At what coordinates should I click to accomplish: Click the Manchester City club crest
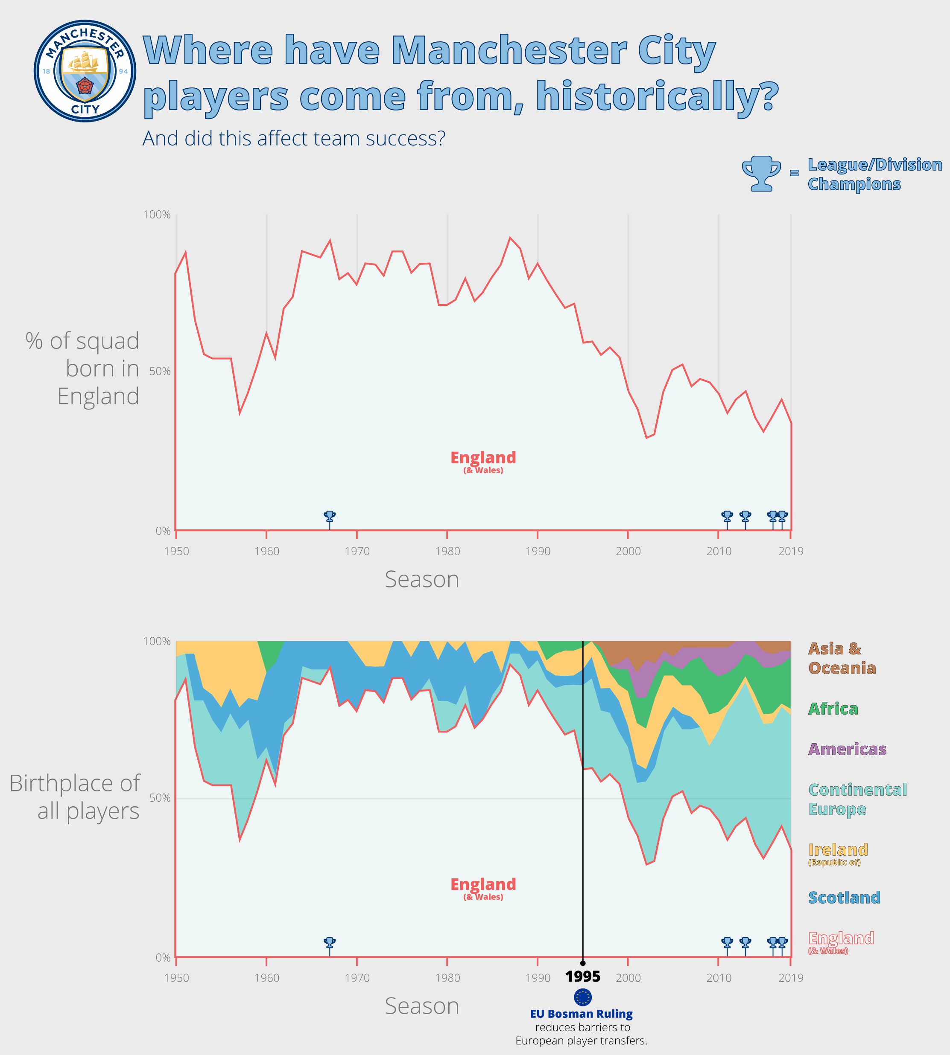(85, 71)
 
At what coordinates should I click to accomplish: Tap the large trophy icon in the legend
(761, 174)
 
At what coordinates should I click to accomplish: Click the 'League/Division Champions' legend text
(874, 174)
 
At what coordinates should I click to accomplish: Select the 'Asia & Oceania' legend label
(842, 658)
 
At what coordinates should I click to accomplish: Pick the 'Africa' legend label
(833, 709)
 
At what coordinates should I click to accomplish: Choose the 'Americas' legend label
(847, 750)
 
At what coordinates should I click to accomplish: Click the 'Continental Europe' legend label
(857, 799)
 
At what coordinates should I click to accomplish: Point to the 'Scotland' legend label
(844, 898)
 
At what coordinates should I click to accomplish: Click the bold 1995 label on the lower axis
(582, 976)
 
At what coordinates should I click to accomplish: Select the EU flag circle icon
(582, 997)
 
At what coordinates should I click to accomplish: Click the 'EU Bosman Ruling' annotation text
(581, 1014)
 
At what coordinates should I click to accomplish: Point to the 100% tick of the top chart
(157, 215)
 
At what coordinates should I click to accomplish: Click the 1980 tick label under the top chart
(447, 551)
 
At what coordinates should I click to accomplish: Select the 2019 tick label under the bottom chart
(791, 978)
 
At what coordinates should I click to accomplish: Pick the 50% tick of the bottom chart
(160, 798)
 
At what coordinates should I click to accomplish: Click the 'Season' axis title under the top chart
(422, 579)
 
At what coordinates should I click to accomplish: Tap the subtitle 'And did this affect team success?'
(294, 139)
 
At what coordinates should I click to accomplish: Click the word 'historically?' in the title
(657, 96)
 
